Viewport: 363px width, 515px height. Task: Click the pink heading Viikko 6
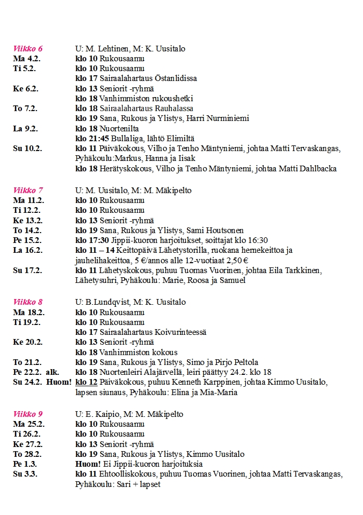[28, 49]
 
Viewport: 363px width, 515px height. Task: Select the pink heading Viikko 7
[28, 191]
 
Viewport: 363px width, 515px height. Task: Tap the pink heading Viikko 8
[28, 302]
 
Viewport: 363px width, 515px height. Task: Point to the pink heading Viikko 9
[28, 414]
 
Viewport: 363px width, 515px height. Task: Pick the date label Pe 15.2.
[27, 240]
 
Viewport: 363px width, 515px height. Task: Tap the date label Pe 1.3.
[24, 464]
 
